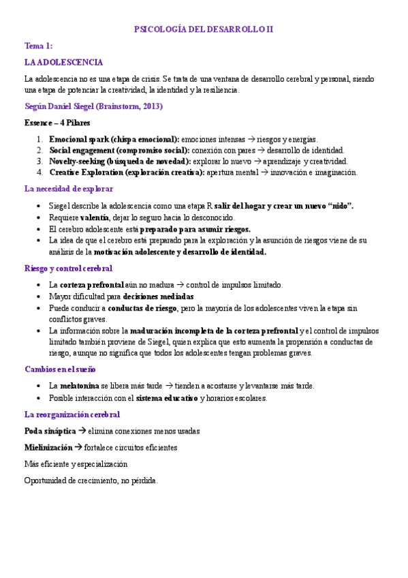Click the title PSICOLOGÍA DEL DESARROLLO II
pos(204,29)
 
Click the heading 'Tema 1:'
pos(38,46)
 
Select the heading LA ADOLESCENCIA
pos(63,62)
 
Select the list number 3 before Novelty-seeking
pos(40,162)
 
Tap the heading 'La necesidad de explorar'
pos(69,189)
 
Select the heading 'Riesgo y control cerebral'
pos(68,269)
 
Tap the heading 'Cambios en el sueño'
pos(61,369)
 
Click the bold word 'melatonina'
pos(82,386)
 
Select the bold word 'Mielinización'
pos(48,447)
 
